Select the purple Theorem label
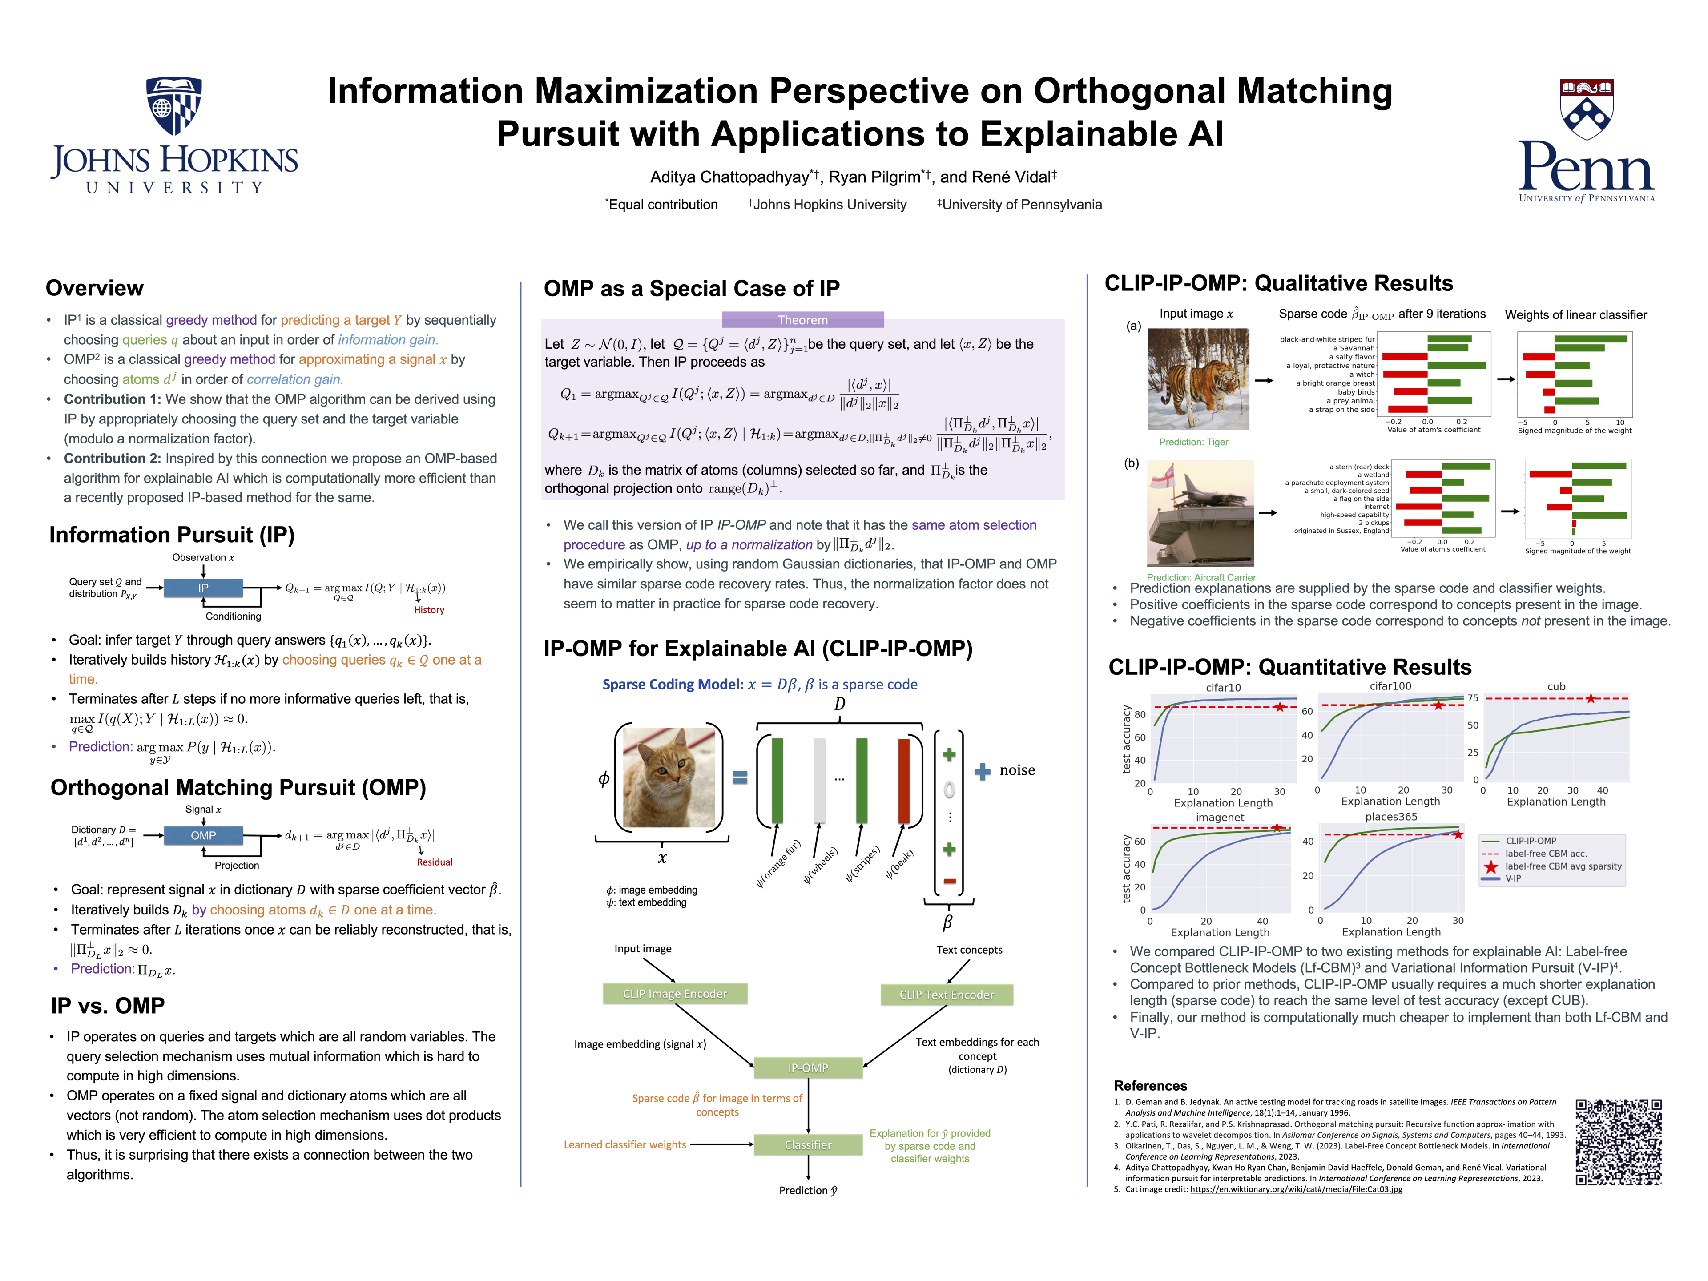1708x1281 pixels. tap(802, 320)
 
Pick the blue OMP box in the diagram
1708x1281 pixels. tap(203, 835)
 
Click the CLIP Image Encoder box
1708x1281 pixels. tap(674, 994)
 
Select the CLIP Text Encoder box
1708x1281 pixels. tap(946, 995)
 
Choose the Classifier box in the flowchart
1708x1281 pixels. tap(808, 1144)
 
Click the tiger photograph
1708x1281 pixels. tap(1198, 379)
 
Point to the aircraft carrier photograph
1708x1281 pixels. tap(1200, 513)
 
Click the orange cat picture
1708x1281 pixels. tap(669, 777)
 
